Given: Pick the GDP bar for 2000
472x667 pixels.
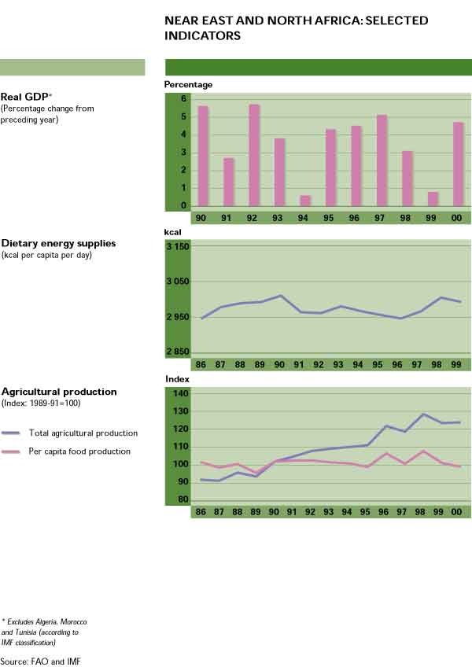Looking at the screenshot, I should tap(459, 164).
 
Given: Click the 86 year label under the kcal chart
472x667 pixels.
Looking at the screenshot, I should tap(202, 367).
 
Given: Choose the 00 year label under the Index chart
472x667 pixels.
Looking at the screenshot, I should tap(459, 513).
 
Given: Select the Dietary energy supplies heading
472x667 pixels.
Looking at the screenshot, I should tap(58, 244).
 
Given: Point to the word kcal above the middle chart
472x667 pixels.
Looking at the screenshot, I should tap(172, 233).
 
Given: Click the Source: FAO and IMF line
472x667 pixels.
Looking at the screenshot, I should tap(40, 661).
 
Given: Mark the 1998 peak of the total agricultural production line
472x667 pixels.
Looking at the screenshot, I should tap(423, 414).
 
